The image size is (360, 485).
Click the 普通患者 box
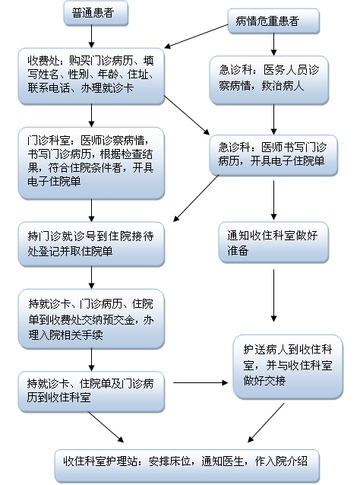(x=96, y=13)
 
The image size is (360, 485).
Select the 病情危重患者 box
(x=273, y=21)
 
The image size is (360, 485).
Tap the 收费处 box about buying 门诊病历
(x=91, y=76)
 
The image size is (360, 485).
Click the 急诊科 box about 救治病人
(x=269, y=80)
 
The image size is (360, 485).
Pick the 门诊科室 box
(x=91, y=163)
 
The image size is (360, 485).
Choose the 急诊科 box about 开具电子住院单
(x=273, y=156)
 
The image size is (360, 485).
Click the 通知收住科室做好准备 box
(x=273, y=242)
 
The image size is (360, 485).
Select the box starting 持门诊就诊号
(x=91, y=244)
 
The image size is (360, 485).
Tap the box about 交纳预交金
(x=91, y=319)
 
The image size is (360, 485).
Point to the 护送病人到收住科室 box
(x=288, y=367)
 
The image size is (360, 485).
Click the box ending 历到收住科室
(x=91, y=392)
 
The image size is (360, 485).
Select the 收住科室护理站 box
(x=187, y=466)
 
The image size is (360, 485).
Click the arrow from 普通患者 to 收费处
(x=91, y=36)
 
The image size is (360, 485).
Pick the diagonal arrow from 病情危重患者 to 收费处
(x=196, y=36)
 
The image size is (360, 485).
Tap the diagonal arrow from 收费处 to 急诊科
(x=187, y=115)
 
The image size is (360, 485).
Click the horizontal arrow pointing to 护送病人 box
(x=201, y=383)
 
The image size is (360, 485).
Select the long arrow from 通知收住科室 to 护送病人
(x=273, y=296)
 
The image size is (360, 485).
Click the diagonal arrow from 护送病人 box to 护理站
(x=266, y=423)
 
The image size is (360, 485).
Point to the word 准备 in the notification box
(x=238, y=250)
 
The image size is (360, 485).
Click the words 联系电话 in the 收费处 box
(x=49, y=88)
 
